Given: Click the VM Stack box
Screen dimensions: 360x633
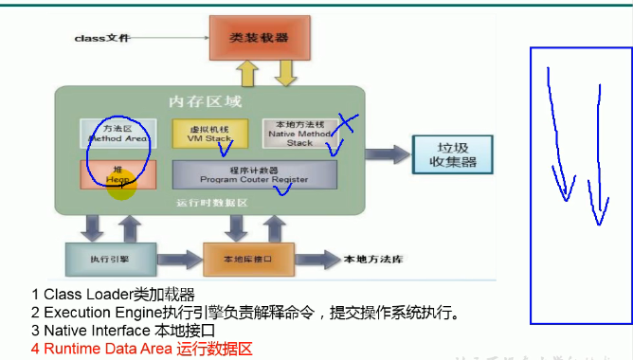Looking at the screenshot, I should (x=209, y=133).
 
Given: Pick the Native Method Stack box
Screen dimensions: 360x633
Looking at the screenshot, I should (x=298, y=133).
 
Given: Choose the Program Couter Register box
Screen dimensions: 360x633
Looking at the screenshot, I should (x=253, y=173).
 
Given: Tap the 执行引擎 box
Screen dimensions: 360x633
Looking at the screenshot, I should (x=101, y=257).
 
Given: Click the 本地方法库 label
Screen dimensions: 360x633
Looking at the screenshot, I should (x=373, y=259).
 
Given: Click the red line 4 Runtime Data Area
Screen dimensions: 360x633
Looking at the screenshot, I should (x=142, y=349).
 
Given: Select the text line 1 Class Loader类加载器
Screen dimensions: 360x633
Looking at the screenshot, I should (x=113, y=295).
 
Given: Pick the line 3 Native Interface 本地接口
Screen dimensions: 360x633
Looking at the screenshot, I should (x=123, y=331).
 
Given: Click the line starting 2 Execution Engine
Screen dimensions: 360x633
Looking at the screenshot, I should (x=244, y=313).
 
